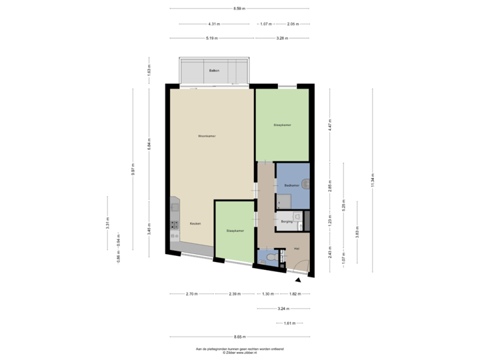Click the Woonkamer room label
[207, 136]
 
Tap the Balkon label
[214, 70]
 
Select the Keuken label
[195, 223]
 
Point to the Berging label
[287, 221]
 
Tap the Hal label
[297, 249]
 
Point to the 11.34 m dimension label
[372, 180]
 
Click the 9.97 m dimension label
[133, 169]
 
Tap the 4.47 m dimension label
[329, 125]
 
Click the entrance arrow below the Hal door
[298, 280]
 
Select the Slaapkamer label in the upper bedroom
[282, 125]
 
